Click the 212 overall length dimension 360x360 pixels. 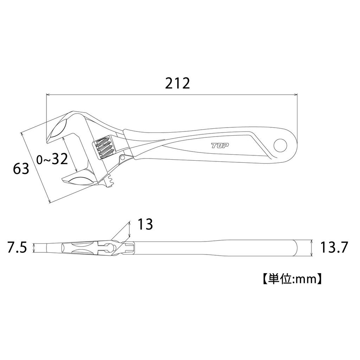click(x=178, y=83)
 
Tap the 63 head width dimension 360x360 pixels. click(x=21, y=169)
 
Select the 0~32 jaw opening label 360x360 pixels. click(x=52, y=160)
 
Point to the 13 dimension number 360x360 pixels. click(x=145, y=224)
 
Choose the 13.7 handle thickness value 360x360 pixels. click(x=334, y=248)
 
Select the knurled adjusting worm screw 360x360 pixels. click(x=104, y=148)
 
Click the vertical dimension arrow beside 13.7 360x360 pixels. click(x=311, y=248)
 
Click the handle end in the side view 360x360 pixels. click(x=295, y=248)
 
